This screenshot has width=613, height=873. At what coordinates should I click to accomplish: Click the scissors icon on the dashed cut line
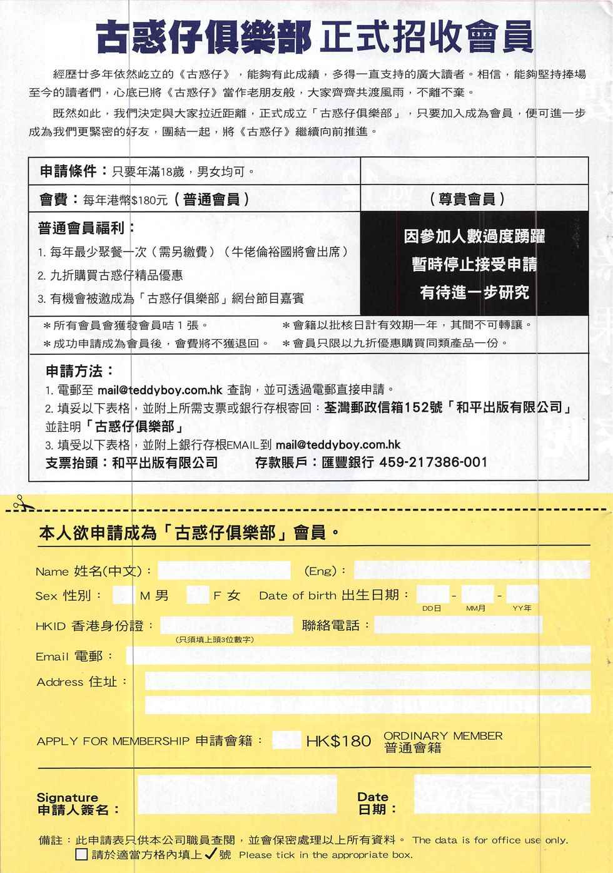[20, 502]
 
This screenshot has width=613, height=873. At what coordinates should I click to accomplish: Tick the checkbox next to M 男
[123, 595]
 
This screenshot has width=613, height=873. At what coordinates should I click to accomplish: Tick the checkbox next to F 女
[198, 595]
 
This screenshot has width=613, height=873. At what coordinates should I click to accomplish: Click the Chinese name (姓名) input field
[224, 570]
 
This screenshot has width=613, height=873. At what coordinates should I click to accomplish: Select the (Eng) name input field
[472, 569]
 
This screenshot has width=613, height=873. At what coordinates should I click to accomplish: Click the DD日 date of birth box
[432, 595]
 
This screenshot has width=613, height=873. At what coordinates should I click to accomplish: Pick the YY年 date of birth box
[522, 595]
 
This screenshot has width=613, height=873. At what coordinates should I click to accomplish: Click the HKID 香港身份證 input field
[226, 625]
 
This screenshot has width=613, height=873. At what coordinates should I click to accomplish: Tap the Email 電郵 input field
[358, 655]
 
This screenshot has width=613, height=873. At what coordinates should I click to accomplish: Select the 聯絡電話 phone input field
[458, 625]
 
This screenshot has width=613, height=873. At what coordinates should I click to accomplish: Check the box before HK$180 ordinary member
[286, 740]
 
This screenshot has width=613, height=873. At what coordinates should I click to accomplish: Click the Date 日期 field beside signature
[502, 795]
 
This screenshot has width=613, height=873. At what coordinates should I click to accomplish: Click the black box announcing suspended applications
[474, 263]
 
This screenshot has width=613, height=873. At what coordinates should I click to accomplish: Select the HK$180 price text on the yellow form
[338, 741]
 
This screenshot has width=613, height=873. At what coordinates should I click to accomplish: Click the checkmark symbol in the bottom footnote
[211, 854]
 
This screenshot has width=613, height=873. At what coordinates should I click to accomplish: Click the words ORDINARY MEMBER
[443, 736]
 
